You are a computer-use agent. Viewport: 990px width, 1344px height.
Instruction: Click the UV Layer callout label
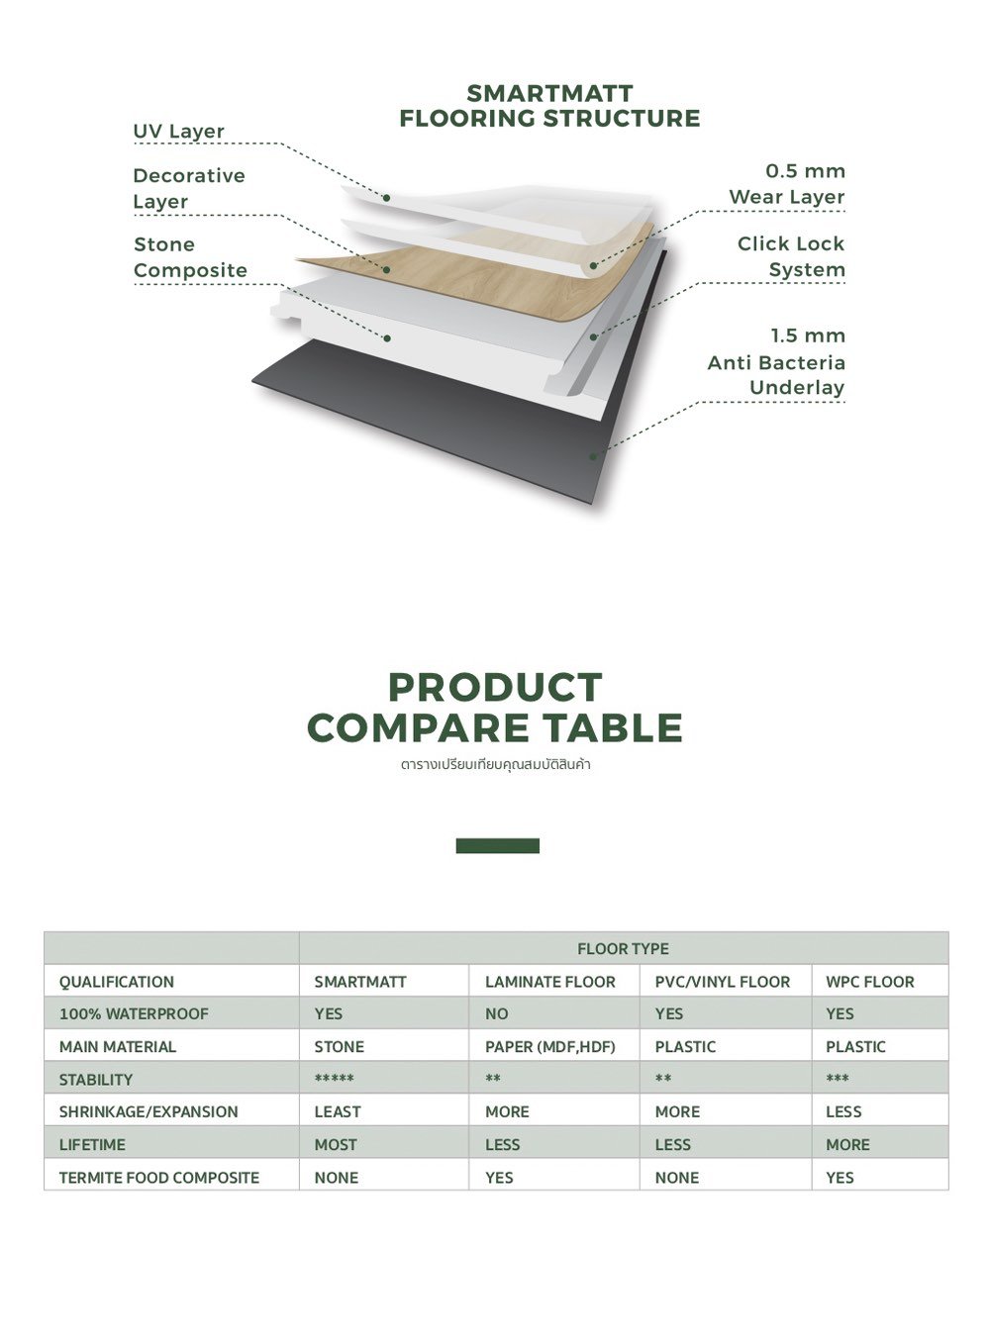pyautogui.click(x=178, y=132)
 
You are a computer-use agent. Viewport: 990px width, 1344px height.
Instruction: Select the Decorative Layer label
pyautogui.click(x=188, y=188)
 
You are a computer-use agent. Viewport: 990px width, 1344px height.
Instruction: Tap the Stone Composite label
pyautogui.click(x=190, y=257)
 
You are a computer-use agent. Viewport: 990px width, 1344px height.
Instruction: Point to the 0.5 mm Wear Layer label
pyautogui.click(x=788, y=184)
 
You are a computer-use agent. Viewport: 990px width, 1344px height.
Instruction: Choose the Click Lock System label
pyautogui.click(x=791, y=256)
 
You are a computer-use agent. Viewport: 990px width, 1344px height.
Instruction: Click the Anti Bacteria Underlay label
pyautogui.click(x=777, y=361)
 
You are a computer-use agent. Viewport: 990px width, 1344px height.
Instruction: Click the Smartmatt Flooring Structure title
pyautogui.click(x=549, y=106)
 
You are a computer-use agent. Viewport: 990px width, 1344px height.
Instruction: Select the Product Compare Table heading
pyautogui.click(x=495, y=708)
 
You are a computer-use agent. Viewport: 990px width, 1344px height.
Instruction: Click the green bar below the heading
pyautogui.click(x=497, y=845)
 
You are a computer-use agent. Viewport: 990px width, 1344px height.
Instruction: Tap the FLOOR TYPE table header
pyautogui.click(x=623, y=948)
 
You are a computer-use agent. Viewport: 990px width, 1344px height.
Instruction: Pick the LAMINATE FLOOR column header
pyautogui.click(x=549, y=982)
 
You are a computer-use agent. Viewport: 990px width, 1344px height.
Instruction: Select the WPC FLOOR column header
pyautogui.click(x=869, y=982)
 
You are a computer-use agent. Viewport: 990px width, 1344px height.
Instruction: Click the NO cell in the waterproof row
pyautogui.click(x=496, y=1013)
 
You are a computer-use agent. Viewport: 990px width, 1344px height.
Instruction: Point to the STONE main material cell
pyautogui.click(x=339, y=1046)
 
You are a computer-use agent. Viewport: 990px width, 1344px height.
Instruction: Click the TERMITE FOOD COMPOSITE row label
pyautogui.click(x=158, y=1177)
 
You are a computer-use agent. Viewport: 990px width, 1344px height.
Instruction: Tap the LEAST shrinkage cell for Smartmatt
pyautogui.click(x=337, y=1111)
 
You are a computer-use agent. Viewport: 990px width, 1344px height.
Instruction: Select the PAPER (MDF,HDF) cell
pyautogui.click(x=549, y=1046)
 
